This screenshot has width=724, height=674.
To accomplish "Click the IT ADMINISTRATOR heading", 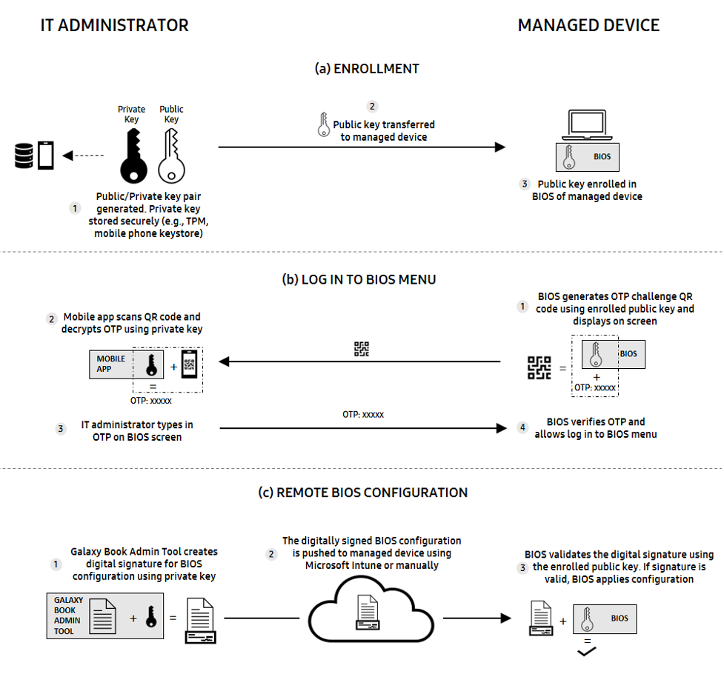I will [114, 25].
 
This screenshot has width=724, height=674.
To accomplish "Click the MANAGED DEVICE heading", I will [588, 25].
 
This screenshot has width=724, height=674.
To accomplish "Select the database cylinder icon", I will [24, 156].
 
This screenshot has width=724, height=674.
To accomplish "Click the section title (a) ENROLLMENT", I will [367, 69].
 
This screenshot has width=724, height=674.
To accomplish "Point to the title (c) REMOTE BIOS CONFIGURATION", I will [372, 493].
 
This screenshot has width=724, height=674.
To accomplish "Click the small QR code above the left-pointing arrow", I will [362, 349].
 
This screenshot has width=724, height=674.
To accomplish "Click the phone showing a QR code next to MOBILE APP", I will [189, 364].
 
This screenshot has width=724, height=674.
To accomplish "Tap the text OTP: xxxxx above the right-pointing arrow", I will [362, 415].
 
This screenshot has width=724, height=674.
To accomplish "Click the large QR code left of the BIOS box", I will [539, 367].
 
